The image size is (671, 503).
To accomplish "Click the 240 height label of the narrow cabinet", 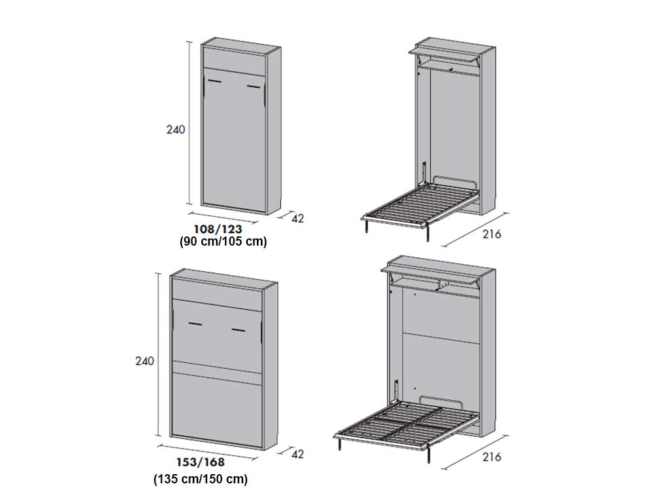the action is click(176, 129).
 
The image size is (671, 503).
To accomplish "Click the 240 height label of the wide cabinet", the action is click(144, 361).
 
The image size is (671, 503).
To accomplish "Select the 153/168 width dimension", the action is click(201, 462).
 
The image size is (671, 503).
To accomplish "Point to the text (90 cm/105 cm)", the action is click(223, 241).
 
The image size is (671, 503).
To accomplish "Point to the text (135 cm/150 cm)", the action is click(201, 479).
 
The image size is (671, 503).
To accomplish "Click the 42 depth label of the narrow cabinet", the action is click(297, 219).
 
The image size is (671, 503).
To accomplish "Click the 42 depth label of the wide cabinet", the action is click(297, 454).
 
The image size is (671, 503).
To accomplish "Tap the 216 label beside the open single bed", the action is click(491, 234).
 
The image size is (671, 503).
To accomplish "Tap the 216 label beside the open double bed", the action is click(491, 456).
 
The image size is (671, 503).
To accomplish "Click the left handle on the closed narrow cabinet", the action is click(214, 81).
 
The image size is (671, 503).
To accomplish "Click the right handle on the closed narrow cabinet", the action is click(254, 87).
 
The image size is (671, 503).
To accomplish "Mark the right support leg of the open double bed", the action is click(429, 455).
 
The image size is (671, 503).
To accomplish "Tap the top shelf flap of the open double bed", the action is click(430, 273).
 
